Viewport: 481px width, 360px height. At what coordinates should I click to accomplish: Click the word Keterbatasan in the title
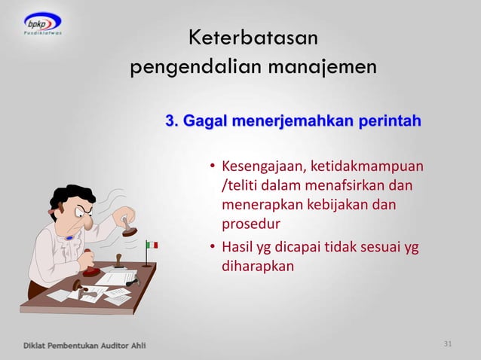coord(253,38)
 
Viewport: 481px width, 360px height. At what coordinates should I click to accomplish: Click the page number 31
coord(448,344)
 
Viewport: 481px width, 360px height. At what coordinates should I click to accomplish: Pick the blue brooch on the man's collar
coord(70,237)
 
